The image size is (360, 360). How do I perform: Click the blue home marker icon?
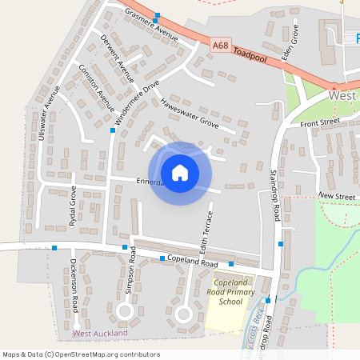180,172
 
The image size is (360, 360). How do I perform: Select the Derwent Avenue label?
117,58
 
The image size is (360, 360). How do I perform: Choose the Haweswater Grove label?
189,113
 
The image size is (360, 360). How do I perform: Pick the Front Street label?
320,122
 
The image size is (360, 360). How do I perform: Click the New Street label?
336,195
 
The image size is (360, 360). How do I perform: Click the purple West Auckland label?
100,333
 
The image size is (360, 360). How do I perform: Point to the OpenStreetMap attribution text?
81,354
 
